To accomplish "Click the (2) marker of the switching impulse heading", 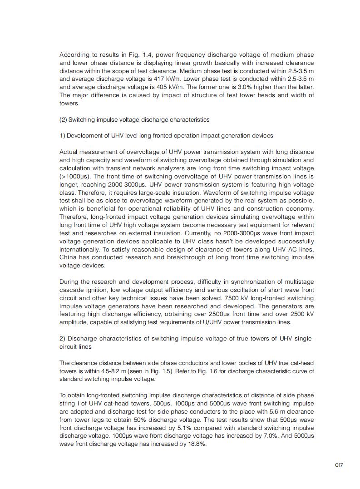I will [63, 119].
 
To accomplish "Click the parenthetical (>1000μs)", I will [74, 176].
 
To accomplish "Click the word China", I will [69, 257].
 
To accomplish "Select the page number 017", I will [339, 465].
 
